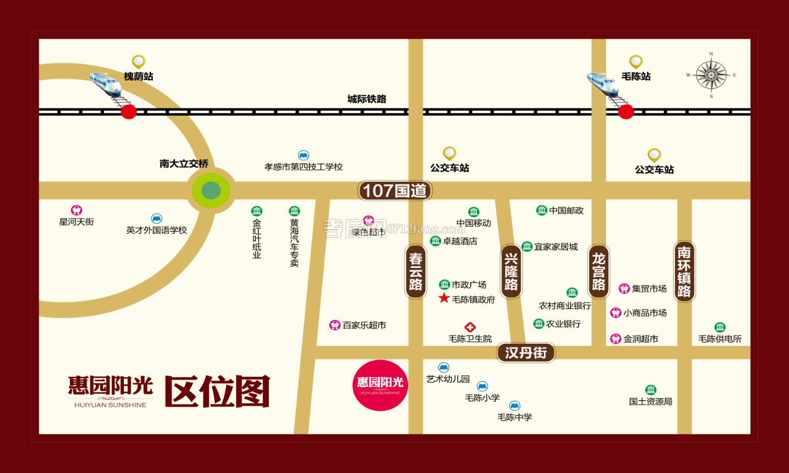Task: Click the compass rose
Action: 711,75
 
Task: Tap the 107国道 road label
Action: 395,191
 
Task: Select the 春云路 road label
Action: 416,271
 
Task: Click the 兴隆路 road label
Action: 511,271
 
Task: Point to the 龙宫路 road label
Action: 598,271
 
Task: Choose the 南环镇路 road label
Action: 684,271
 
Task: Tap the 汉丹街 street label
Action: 526,352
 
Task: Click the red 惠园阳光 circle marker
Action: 380,385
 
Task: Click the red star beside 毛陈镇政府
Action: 444,298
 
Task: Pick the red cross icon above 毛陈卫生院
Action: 470,327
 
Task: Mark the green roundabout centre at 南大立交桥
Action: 211,190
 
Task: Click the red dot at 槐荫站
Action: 128,112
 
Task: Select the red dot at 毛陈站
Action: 626,112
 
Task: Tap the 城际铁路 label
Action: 367,99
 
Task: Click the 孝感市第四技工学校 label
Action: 304,167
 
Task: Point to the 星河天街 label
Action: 76,222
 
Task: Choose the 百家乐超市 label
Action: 364,325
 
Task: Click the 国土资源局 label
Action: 650,402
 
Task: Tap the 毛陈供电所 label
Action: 720,339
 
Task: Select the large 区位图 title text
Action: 217,392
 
